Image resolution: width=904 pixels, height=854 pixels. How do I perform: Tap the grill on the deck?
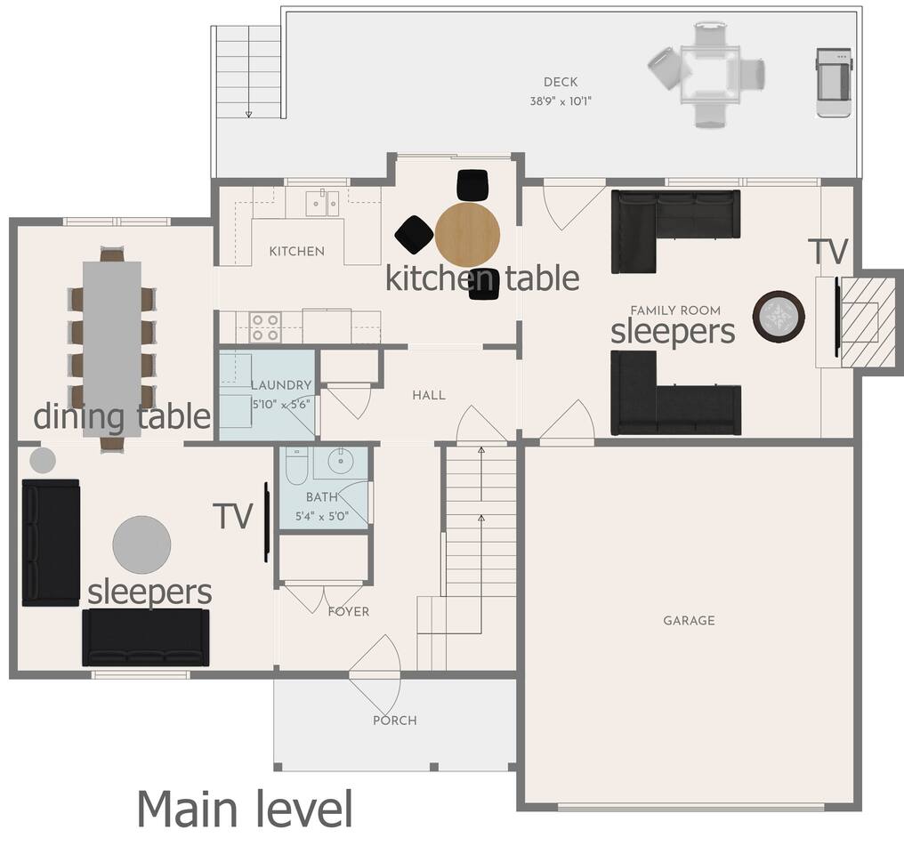click(x=834, y=83)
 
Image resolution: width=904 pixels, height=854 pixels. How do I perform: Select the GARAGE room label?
click(x=689, y=621)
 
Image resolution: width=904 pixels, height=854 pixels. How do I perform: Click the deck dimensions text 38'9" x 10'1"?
click(x=561, y=101)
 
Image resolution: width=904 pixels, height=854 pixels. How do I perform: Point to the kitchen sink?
click(x=322, y=203)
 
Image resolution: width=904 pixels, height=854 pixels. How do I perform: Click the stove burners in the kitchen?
click(x=265, y=327)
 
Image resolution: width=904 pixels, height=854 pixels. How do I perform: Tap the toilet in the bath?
click(x=297, y=463)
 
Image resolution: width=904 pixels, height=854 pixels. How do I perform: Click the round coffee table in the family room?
click(x=779, y=317)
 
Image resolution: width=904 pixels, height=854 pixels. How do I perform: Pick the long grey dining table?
click(x=112, y=350)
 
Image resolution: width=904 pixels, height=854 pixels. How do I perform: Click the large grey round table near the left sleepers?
click(x=141, y=544)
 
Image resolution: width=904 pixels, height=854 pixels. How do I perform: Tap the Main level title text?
click(x=245, y=809)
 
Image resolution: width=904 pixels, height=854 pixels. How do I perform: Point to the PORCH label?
click(x=395, y=721)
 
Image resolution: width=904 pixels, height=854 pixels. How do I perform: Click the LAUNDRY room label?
click(x=281, y=385)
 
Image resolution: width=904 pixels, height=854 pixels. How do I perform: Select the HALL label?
click(x=429, y=395)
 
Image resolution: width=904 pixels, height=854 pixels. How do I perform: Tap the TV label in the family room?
click(x=827, y=251)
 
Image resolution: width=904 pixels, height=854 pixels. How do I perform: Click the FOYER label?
click(x=349, y=611)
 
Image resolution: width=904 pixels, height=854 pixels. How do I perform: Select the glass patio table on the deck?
click(x=710, y=75)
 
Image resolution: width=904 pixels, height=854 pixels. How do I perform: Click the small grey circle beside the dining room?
click(x=43, y=461)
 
